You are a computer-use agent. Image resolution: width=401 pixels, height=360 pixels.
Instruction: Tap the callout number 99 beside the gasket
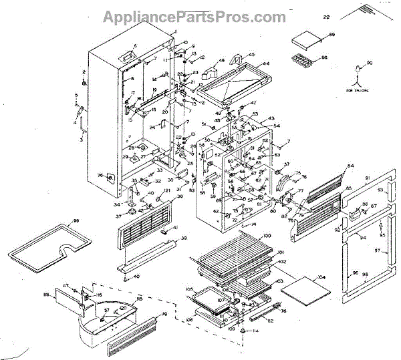pyautogui.click(x=76, y=220)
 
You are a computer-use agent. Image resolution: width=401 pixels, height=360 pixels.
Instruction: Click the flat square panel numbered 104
pyautogui.click(x=305, y=288)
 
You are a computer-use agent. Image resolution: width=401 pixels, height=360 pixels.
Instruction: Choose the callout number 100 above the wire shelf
pyautogui.click(x=266, y=237)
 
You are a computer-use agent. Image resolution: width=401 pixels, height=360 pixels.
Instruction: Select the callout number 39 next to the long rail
pyautogui.click(x=183, y=238)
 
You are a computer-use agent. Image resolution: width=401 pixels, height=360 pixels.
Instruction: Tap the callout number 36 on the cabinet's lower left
pyautogui.click(x=101, y=176)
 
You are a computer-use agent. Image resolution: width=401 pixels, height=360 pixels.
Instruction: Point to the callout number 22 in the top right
pyautogui.click(x=326, y=15)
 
